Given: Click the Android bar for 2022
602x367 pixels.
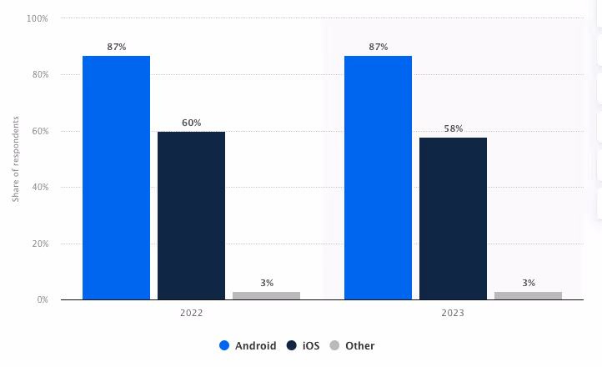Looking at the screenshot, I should pos(116,178).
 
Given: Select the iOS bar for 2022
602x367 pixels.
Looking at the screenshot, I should pos(191,215).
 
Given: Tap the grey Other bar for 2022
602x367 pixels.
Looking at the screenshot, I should pos(266,295).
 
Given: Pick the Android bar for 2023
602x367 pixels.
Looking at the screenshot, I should pos(378,178).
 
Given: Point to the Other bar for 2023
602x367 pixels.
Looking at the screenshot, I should pos(528,295).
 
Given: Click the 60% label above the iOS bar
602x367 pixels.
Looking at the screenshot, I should pos(191,123).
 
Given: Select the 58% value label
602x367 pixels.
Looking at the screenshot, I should pos(453,128).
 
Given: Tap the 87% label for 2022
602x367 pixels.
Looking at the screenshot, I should pos(116,47).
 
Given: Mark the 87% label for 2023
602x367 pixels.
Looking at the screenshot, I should pos(378,47).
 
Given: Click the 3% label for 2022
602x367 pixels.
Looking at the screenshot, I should pos(266,283).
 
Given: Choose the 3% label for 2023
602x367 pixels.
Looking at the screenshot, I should pos(528,283).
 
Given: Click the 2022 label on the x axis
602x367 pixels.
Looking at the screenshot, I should pos(191,314).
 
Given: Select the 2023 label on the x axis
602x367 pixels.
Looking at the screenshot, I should pos(453,314).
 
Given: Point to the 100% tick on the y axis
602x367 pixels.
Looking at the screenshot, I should pos(38,18).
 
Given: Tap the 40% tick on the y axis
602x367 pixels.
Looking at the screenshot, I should pos(39,188).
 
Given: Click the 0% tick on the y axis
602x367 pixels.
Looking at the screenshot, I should pos(42,300).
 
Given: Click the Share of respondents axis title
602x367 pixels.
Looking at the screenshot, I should pos(15,159).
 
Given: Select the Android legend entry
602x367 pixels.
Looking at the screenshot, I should pos(248,345).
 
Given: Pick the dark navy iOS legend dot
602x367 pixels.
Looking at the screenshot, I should pos(292,345).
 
